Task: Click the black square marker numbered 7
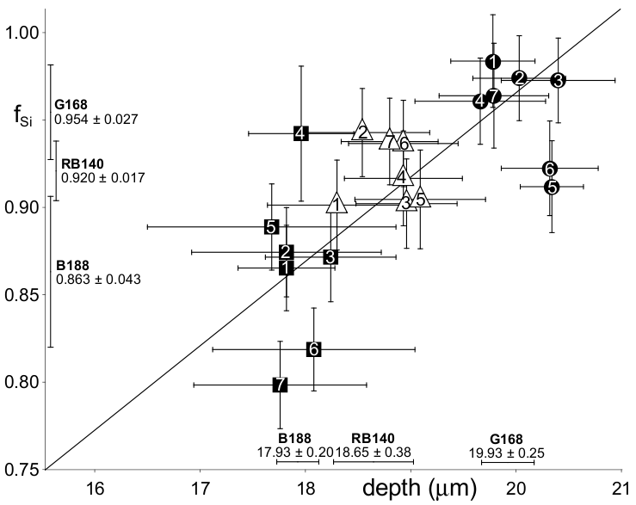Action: (280, 385)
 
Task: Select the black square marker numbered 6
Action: (314, 349)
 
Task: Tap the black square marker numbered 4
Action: (300, 133)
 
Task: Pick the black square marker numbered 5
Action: (272, 227)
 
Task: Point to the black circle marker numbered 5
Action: (552, 186)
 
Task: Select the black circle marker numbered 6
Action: (551, 169)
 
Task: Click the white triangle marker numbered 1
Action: (337, 204)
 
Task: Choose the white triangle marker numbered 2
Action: (362, 132)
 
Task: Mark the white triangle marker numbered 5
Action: (420, 199)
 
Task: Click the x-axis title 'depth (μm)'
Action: (418, 490)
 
